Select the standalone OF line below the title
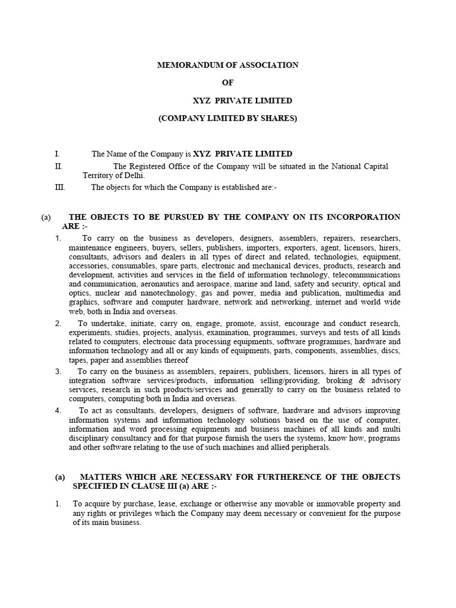click(x=227, y=83)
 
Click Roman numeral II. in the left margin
click(x=58, y=166)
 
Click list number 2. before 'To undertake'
click(x=58, y=324)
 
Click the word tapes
click(x=78, y=360)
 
